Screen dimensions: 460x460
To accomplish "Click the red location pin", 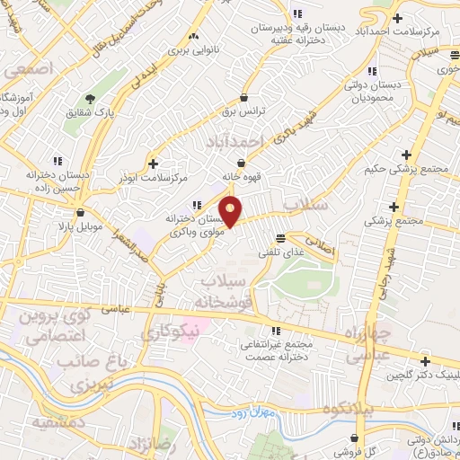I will pos(231,211).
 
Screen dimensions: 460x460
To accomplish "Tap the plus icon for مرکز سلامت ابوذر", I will pos(153,164).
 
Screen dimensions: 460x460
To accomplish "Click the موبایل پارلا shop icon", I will pos(82,213).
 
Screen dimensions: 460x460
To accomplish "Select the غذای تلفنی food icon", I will pos(281,238).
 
